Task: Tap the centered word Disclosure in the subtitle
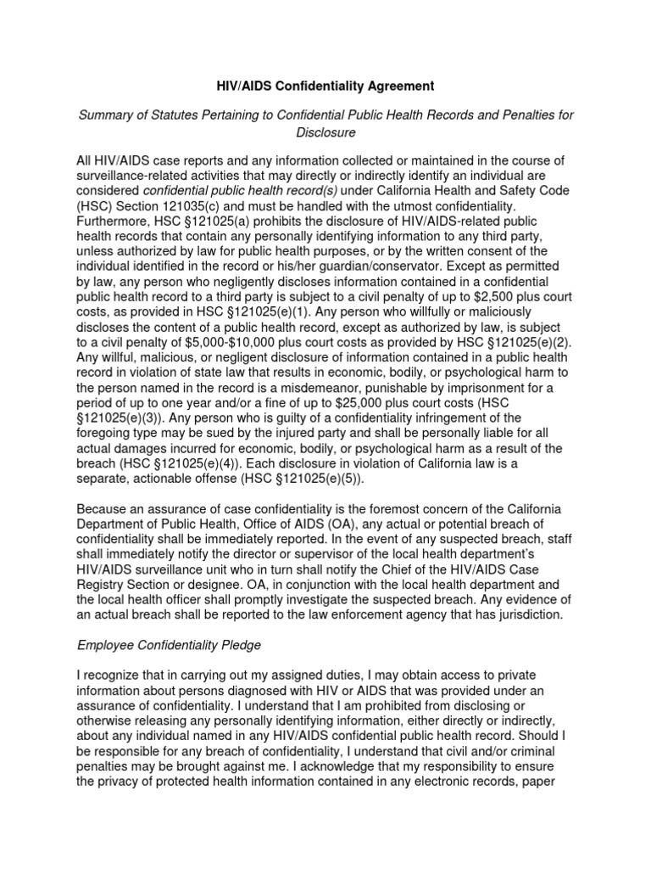325,132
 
